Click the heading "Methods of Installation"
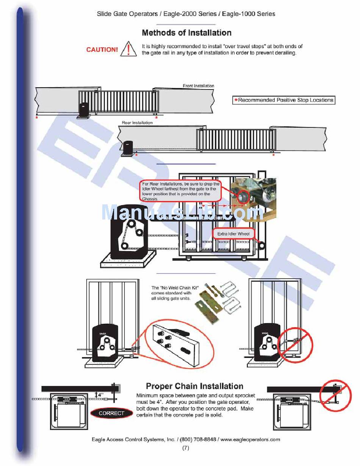coord(186,33)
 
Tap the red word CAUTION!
coord(102,50)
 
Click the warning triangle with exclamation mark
coord(128,49)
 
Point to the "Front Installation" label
coord(198,86)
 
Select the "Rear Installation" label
coord(137,123)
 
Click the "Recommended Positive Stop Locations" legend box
coord(283,100)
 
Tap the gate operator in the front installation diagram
coord(84,110)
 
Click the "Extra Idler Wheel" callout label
coord(233,234)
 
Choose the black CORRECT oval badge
coord(111,413)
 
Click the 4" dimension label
coord(100,394)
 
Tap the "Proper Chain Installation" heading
coord(194,386)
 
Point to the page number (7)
coord(186,448)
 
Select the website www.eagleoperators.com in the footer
coord(250,439)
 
